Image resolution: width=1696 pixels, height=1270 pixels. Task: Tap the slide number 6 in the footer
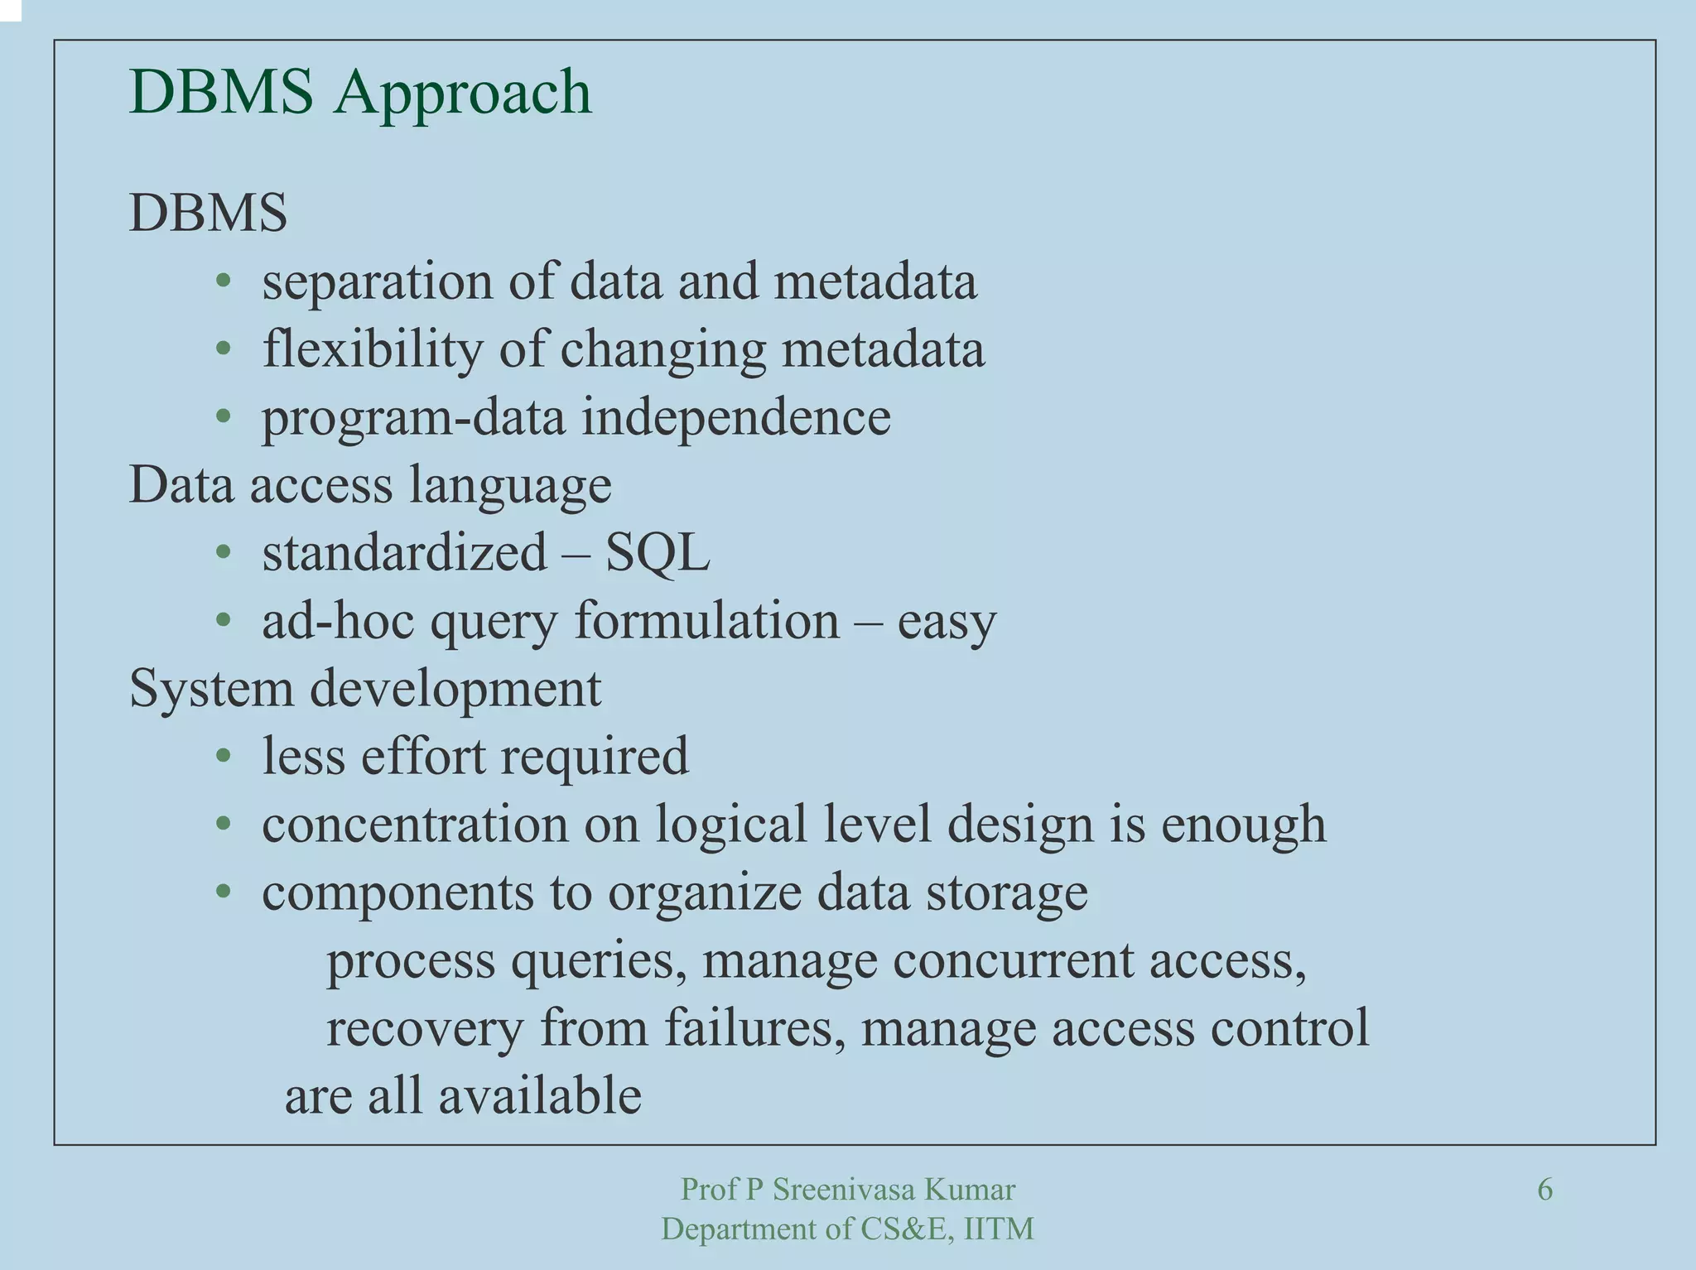point(1544,1190)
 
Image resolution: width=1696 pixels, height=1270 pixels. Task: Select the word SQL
point(657,552)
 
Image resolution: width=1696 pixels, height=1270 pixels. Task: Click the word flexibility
point(372,349)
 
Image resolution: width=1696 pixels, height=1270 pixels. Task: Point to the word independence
point(735,416)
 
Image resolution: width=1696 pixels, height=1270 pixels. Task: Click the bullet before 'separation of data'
point(223,281)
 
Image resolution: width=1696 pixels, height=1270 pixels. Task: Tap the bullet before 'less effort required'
point(223,756)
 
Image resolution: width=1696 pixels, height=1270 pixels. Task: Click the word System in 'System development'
point(211,689)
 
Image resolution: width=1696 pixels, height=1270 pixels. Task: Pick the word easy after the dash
point(947,622)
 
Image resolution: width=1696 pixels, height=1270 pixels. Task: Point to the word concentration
point(415,825)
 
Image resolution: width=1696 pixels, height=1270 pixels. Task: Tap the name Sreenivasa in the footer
point(844,1190)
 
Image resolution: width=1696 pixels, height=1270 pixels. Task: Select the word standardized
point(404,552)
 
